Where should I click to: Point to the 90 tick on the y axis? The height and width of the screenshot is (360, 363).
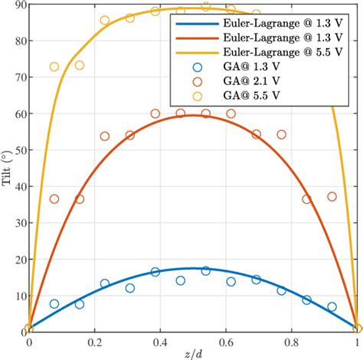[x=17, y=5]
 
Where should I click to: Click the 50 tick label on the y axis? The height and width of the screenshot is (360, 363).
[x=17, y=150]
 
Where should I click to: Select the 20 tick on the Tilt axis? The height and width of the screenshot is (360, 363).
[x=17, y=259]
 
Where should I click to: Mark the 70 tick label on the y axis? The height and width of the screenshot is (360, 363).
[x=17, y=77]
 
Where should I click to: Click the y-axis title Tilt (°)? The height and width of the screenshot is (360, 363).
[x=6, y=168]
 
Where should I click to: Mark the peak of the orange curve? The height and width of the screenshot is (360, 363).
[x=193, y=115]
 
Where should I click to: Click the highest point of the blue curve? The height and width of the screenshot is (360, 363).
[x=193, y=268]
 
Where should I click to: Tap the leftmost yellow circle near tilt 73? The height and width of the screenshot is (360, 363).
[x=54, y=67]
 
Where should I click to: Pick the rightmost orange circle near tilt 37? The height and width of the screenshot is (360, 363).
[x=332, y=197]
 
